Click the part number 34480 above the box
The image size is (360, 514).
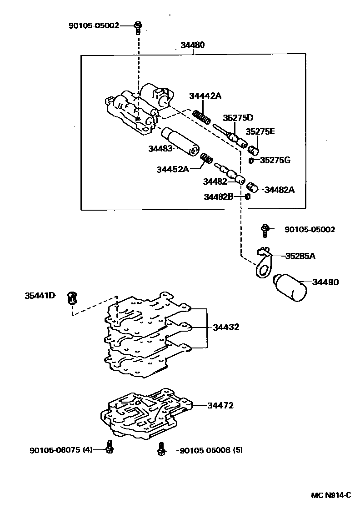192,45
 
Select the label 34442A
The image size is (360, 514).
205,96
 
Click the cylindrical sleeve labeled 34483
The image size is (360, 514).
179,141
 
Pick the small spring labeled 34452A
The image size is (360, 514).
207,159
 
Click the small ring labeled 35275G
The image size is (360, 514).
251,160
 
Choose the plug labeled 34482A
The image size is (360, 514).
252,187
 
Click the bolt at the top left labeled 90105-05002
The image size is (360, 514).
138,26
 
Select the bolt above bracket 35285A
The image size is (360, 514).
265,230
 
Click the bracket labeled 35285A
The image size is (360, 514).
263,264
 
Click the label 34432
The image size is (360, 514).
226,327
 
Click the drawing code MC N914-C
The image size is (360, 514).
331,495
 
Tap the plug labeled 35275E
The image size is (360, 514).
254,149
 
